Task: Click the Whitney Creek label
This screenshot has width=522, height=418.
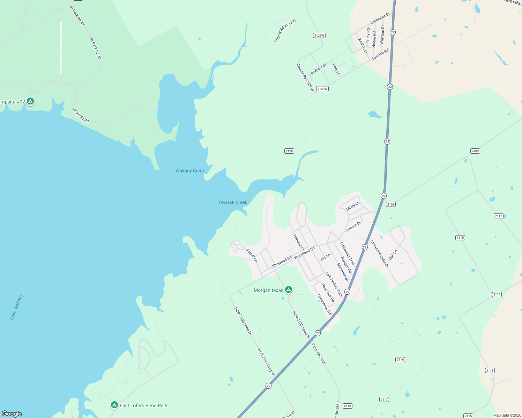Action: [190, 171]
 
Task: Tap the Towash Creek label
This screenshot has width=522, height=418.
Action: [233, 202]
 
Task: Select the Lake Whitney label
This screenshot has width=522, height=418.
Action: [16, 307]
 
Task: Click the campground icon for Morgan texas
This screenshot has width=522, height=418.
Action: [289, 289]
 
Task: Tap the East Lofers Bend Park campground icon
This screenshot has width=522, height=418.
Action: [114, 405]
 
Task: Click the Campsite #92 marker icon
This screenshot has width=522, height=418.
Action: [30, 101]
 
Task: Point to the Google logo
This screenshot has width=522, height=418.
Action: [12, 414]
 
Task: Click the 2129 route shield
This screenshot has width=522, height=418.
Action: [289, 151]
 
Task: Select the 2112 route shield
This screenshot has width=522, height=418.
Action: [499, 216]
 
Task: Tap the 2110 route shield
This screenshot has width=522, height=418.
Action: [460, 238]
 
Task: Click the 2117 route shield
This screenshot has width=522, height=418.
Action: [384, 400]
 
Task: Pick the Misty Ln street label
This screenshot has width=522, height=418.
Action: [353, 206]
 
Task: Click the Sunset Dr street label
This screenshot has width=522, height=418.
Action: [353, 227]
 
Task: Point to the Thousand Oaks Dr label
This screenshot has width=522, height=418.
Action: [379, 254]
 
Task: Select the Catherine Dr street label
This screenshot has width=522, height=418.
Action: [380, 18]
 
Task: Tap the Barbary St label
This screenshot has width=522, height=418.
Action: [319, 69]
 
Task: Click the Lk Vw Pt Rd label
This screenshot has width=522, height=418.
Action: [81, 115]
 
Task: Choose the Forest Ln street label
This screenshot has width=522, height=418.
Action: [252, 255]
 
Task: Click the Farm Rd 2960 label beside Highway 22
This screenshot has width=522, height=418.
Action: [318, 354]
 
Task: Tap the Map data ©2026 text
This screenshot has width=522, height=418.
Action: [506, 415]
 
